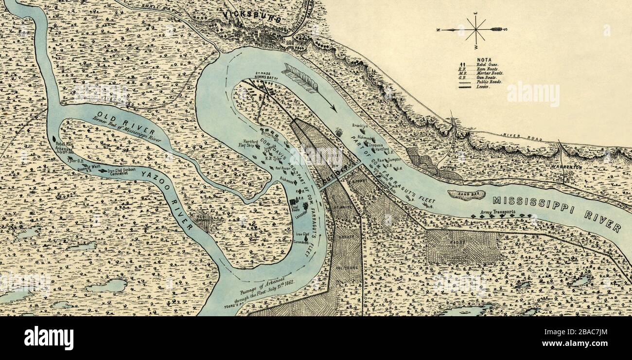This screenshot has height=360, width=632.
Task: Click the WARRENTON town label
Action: click(566, 167)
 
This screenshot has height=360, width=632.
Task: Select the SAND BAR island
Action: click(466, 195)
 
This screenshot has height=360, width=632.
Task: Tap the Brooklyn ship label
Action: click(360, 126)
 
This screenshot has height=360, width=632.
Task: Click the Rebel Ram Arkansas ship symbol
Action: click(54, 139)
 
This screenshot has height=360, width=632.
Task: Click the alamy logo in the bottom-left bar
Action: click(49, 338)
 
